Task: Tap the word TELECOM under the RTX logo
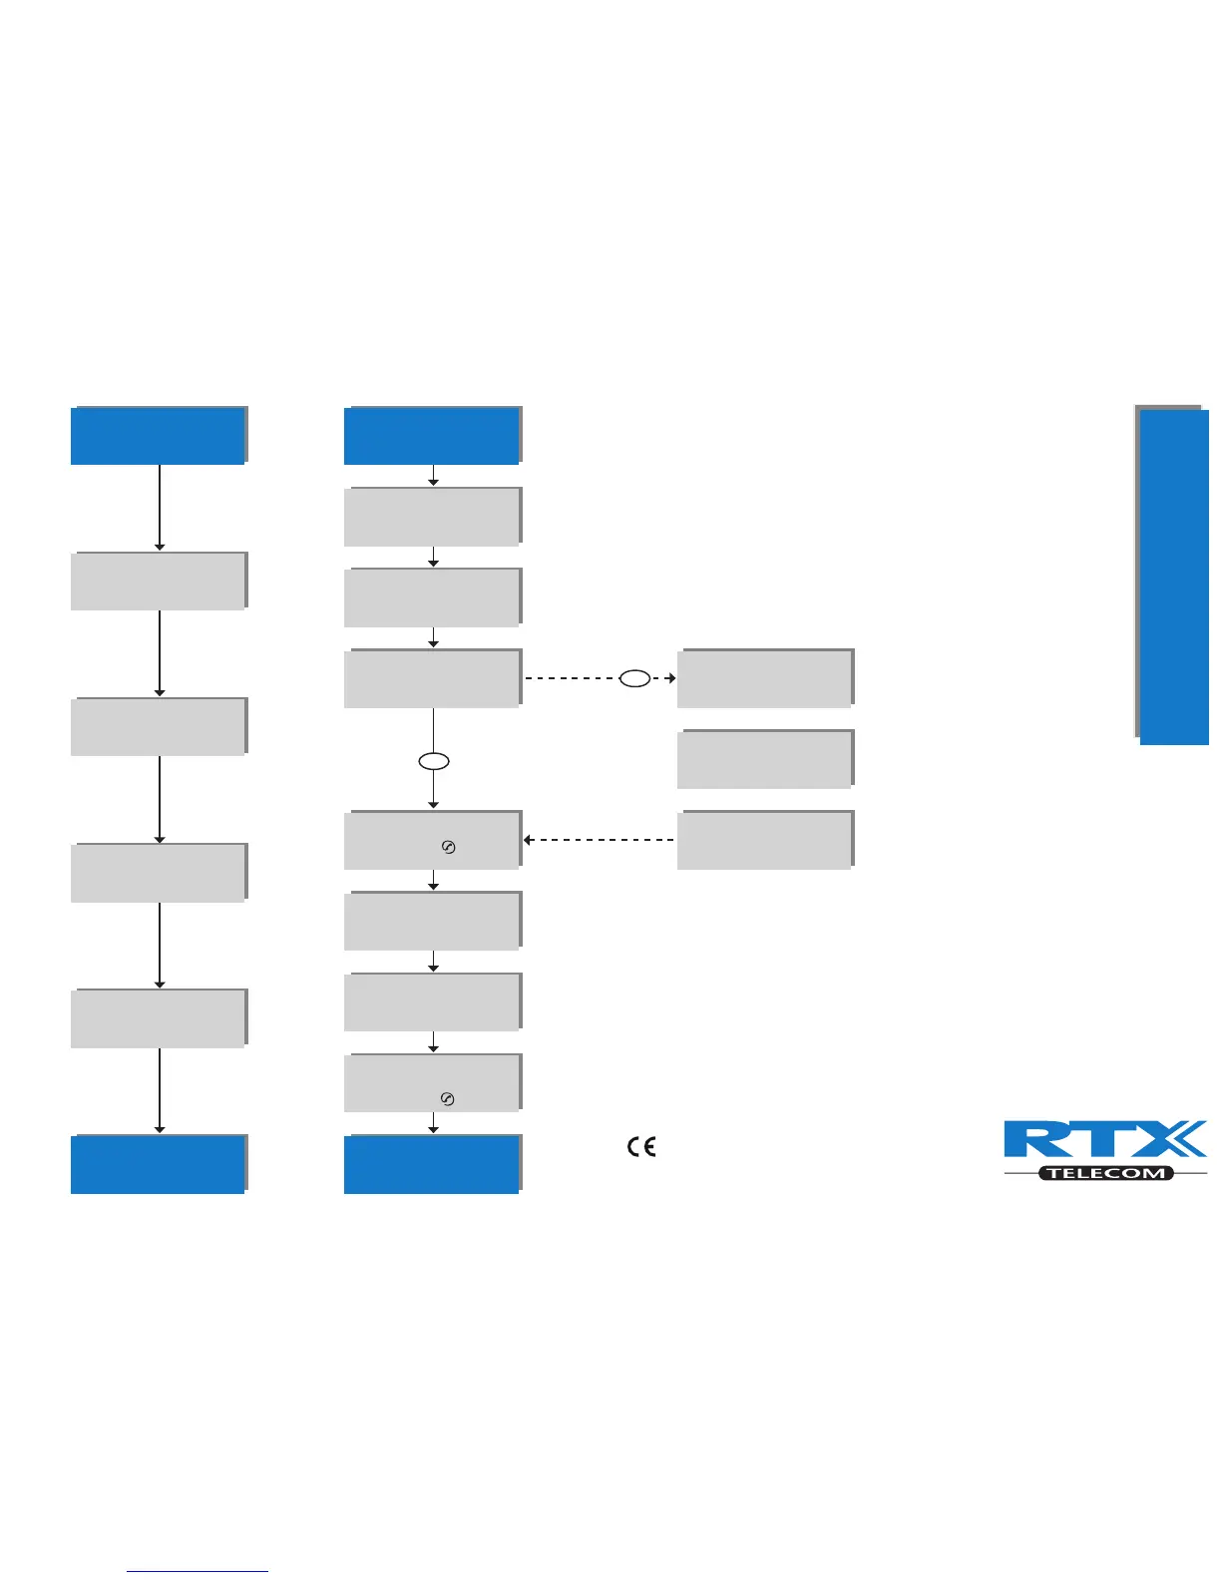(x=1106, y=1173)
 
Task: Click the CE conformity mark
(x=641, y=1147)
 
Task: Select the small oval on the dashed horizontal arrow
(x=635, y=678)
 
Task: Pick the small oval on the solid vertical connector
(x=433, y=762)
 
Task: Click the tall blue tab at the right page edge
(x=1174, y=577)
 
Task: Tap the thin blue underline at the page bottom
(x=198, y=1572)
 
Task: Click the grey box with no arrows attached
(x=764, y=759)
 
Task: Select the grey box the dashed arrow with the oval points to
(x=764, y=678)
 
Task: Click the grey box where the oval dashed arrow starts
(x=431, y=678)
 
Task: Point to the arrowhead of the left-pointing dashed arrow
(x=528, y=840)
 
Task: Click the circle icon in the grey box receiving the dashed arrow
(x=448, y=848)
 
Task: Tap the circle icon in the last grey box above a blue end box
(x=448, y=1099)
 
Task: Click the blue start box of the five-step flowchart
(x=158, y=436)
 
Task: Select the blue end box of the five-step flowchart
(x=158, y=1164)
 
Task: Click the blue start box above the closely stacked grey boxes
(x=431, y=436)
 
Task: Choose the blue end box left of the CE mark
(x=431, y=1164)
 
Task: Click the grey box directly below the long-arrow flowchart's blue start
(x=158, y=581)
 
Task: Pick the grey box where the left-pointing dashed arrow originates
(x=764, y=840)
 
